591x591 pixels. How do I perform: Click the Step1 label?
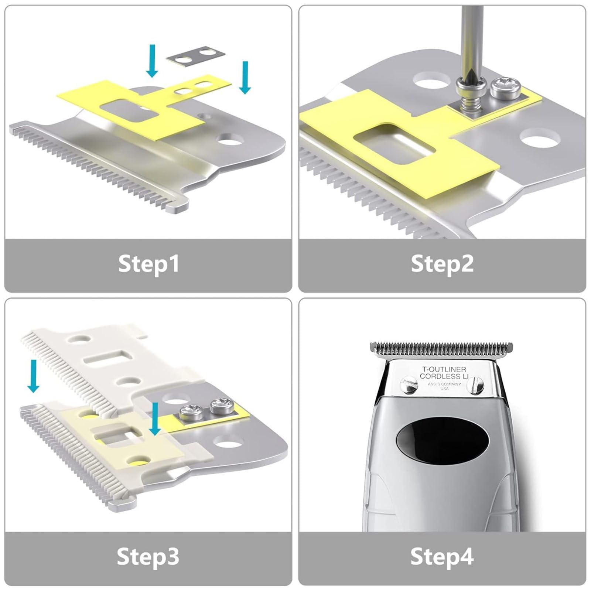click(x=148, y=264)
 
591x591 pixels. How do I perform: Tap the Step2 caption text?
click(x=442, y=264)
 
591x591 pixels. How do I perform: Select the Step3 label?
click(x=148, y=557)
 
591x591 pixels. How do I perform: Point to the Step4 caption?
click(x=442, y=557)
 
